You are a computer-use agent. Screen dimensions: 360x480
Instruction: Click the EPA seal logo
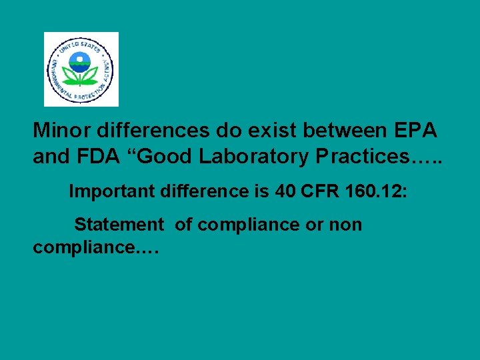click(81, 69)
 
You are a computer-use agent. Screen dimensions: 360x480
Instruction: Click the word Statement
click(119, 225)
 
